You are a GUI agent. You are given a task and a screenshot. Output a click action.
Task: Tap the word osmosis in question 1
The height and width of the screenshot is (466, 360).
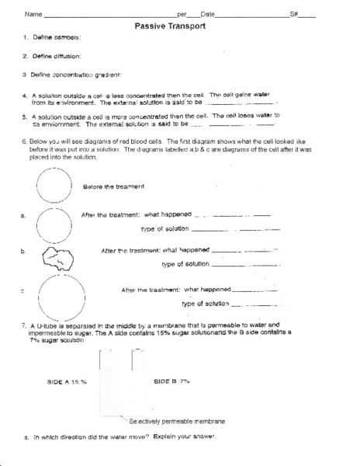[x=69, y=37]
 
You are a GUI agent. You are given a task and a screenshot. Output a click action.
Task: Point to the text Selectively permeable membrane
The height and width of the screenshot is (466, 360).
[x=177, y=421]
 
